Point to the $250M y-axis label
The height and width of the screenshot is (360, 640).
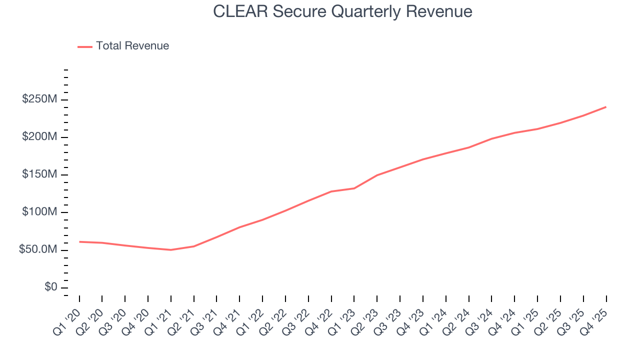39,99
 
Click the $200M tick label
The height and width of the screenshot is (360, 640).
39,137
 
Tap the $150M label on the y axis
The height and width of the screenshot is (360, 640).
39,174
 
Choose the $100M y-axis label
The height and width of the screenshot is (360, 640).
39,212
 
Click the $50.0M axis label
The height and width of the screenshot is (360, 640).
37,249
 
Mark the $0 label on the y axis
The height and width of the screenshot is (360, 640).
50,287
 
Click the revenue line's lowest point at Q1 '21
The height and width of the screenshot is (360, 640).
171,250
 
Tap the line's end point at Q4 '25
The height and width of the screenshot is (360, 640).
606,107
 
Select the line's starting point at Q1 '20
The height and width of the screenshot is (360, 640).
79,241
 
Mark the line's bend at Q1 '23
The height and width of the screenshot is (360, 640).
354,188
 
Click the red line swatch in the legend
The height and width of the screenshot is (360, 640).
85,46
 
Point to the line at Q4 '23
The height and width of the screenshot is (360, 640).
423,159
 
